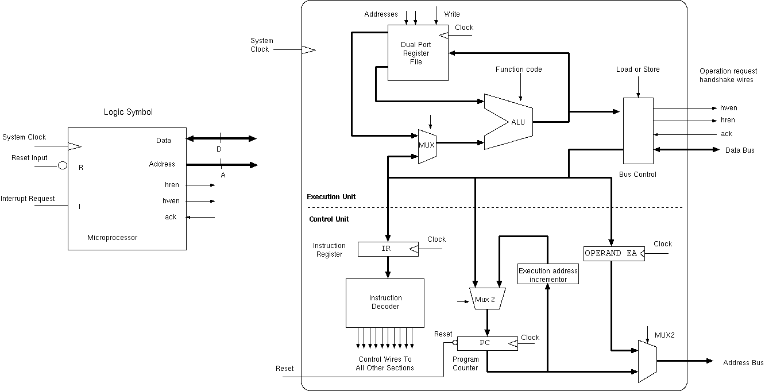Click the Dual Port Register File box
pyautogui.click(x=418, y=53)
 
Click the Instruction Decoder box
pyautogui.click(x=385, y=303)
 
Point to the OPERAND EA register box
pyautogui.click(x=614, y=253)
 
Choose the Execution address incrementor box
pyautogui.click(x=548, y=275)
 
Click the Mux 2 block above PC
pyautogui.click(x=487, y=299)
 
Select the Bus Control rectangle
pyautogui.click(x=638, y=130)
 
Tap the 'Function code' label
pyautogui.click(x=519, y=69)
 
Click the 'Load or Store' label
pyautogui.click(x=637, y=69)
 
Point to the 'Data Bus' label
pyautogui.click(x=740, y=150)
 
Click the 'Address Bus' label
pyautogui.click(x=743, y=363)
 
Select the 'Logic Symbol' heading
pyautogui.click(x=128, y=113)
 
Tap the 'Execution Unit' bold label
pyautogui.click(x=331, y=197)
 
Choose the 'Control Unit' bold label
pyautogui.click(x=329, y=219)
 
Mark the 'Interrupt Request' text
pyautogui.click(x=28, y=199)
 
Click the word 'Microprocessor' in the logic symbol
pyautogui.click(x=112, y=238)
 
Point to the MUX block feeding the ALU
pyautogui.click(x=427, y=145)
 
